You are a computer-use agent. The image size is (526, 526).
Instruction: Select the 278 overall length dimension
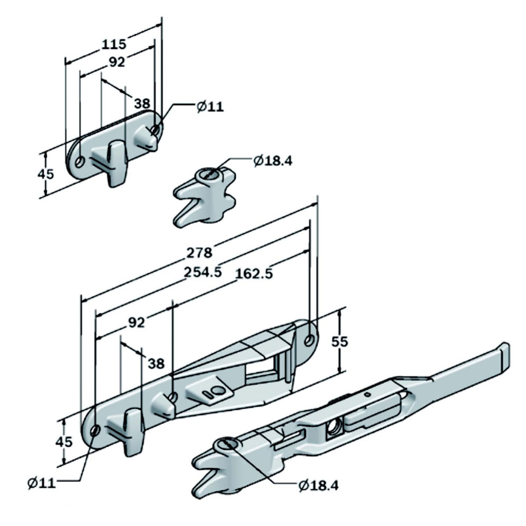click(200, 253)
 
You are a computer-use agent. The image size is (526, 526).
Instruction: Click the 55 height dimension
click(340, 341)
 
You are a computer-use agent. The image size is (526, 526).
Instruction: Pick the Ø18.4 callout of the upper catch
click(272, 161)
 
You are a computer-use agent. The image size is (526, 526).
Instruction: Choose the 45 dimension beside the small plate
click(46, 174)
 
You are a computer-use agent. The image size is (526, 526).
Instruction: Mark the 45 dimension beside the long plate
click(64, 441)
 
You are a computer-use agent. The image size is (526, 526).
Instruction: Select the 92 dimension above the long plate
click(136, 323)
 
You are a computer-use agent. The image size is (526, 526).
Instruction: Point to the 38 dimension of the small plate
click(142, 102)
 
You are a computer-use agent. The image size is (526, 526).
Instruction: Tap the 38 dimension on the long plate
click(156, 363)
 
